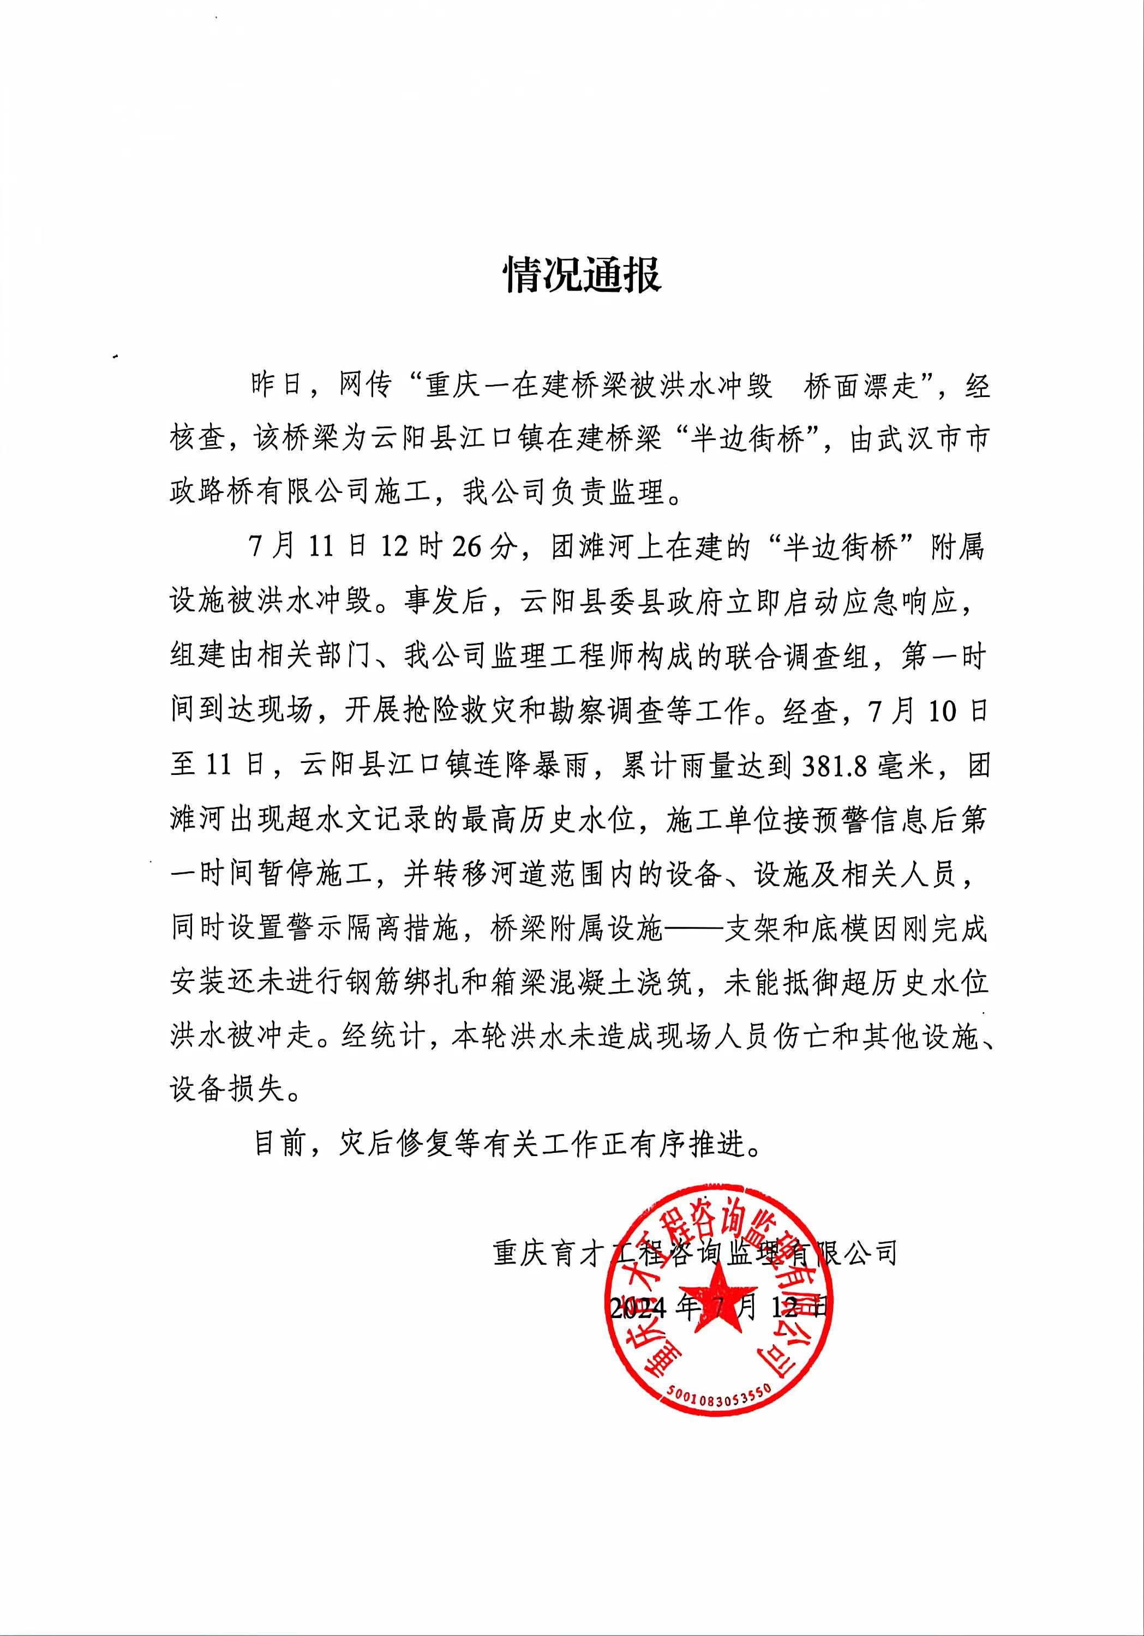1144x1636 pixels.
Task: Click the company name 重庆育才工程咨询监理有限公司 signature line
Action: pyautogui.click(x=694, y=1253)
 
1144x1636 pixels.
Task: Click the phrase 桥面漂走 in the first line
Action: pyautogui.click(x=860, y=386)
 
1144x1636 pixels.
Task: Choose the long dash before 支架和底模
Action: pyautogui.click(x=693, y=930)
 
